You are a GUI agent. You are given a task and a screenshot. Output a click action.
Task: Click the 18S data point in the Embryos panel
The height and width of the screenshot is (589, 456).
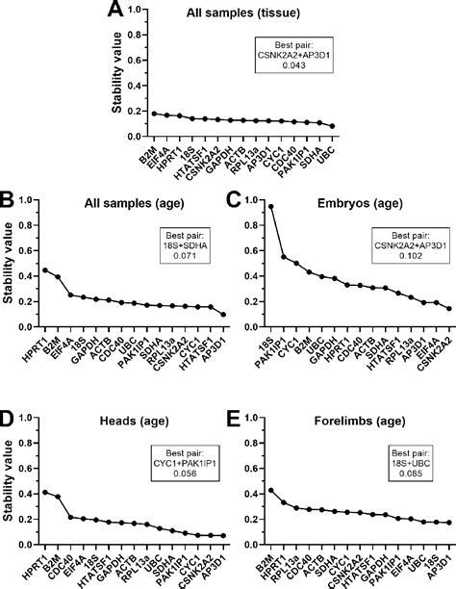tap(271, 206)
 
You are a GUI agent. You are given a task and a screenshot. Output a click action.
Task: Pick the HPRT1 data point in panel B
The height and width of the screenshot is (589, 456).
tap(45, 270)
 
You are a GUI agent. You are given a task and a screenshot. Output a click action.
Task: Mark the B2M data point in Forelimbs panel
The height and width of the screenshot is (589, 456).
tap(271, 490)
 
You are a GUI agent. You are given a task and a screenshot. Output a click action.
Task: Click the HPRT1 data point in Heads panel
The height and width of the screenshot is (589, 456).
tap(45, 492)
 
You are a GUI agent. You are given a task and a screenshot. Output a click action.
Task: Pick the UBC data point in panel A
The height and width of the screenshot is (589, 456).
tap(332, 126)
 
